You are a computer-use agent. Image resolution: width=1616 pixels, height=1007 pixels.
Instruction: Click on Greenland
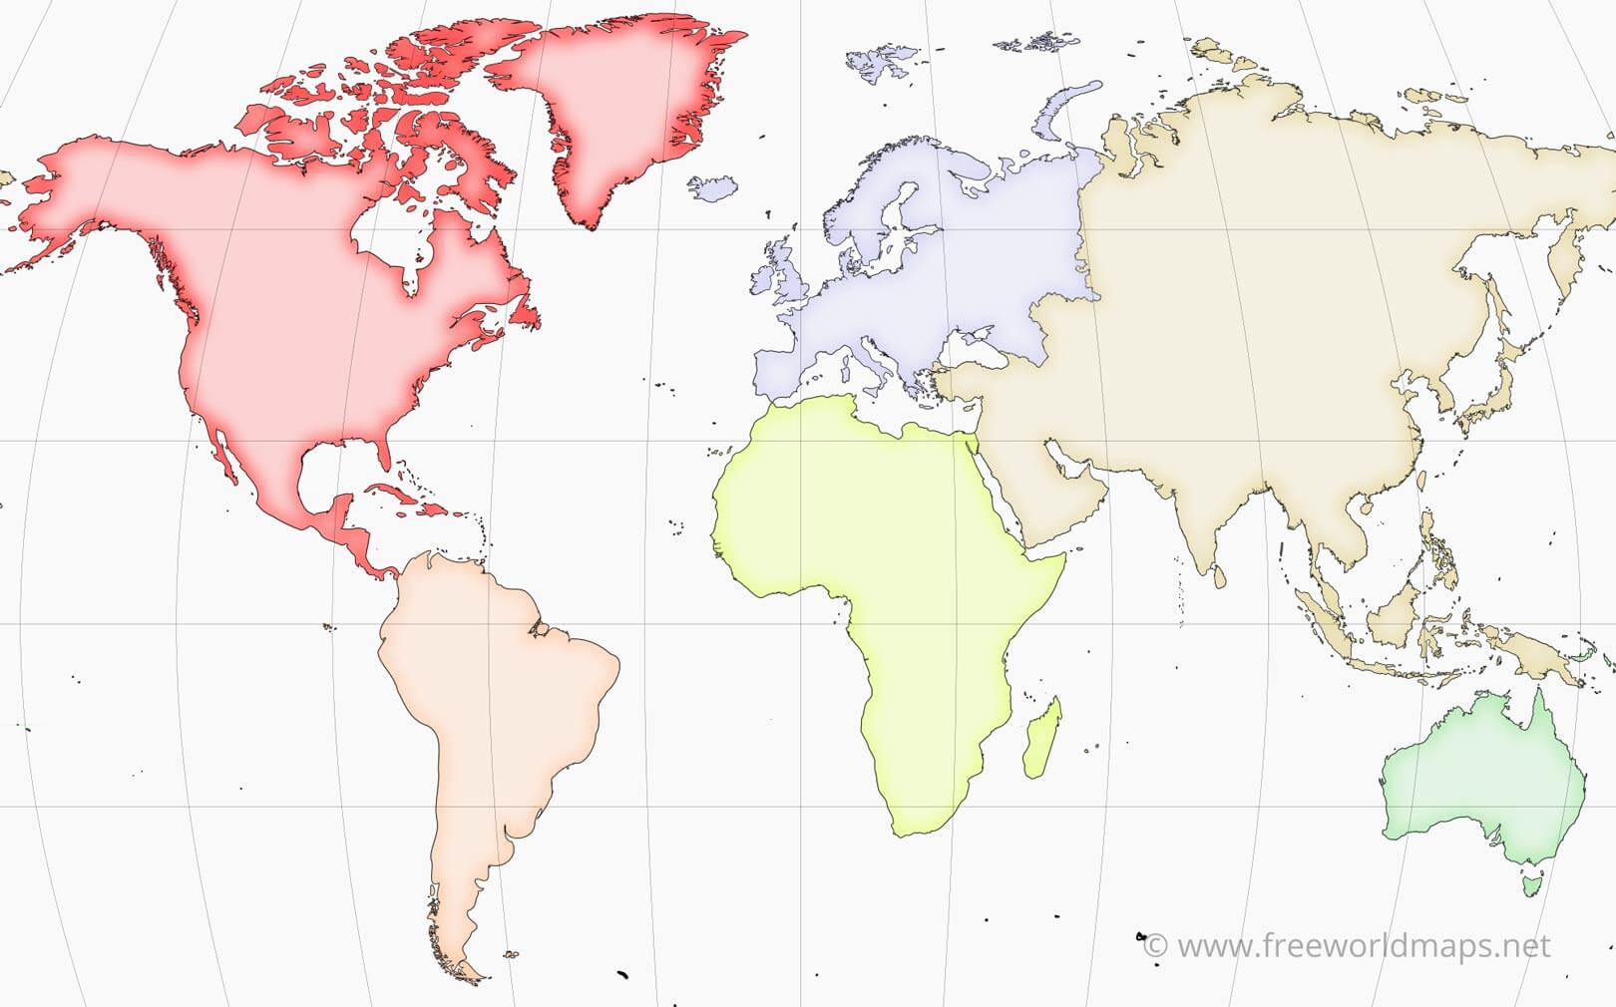(618, 110)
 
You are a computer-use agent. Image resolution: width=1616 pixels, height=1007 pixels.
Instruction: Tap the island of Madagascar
(1041, 739)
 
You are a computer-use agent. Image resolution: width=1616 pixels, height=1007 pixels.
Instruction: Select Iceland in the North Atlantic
(712, 187)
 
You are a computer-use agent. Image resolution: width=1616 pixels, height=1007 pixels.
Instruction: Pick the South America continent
(489, 698)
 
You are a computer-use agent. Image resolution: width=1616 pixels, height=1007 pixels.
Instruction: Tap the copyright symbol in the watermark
(1155, 945)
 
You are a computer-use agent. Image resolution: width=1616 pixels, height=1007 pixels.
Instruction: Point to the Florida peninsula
(382, 454)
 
